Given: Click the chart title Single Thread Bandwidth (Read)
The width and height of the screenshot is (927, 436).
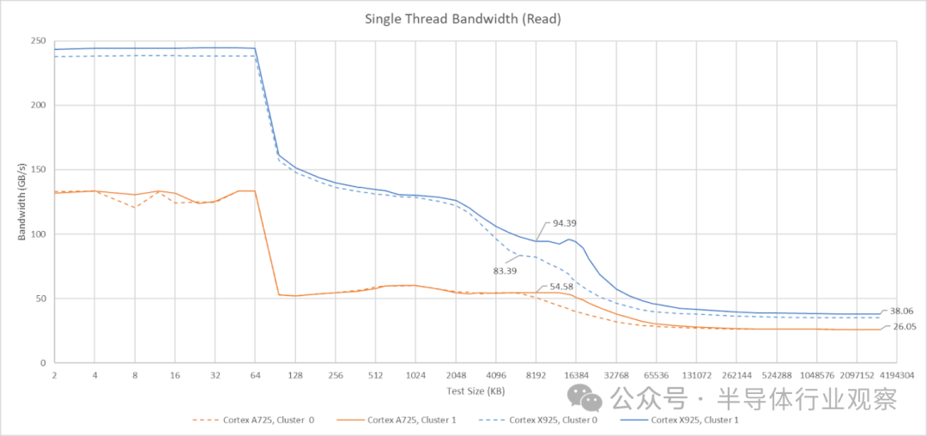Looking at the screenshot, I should tap(463, 18).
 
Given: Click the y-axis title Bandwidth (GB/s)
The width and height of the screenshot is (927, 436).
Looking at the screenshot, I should tap(21, 203).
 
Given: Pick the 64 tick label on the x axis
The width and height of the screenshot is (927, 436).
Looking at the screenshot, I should tap(254, 375).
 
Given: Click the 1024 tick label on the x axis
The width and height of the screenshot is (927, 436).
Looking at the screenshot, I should tap(415, 375).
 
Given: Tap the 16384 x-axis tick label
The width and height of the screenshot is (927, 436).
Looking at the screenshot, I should tap(576, 375).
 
